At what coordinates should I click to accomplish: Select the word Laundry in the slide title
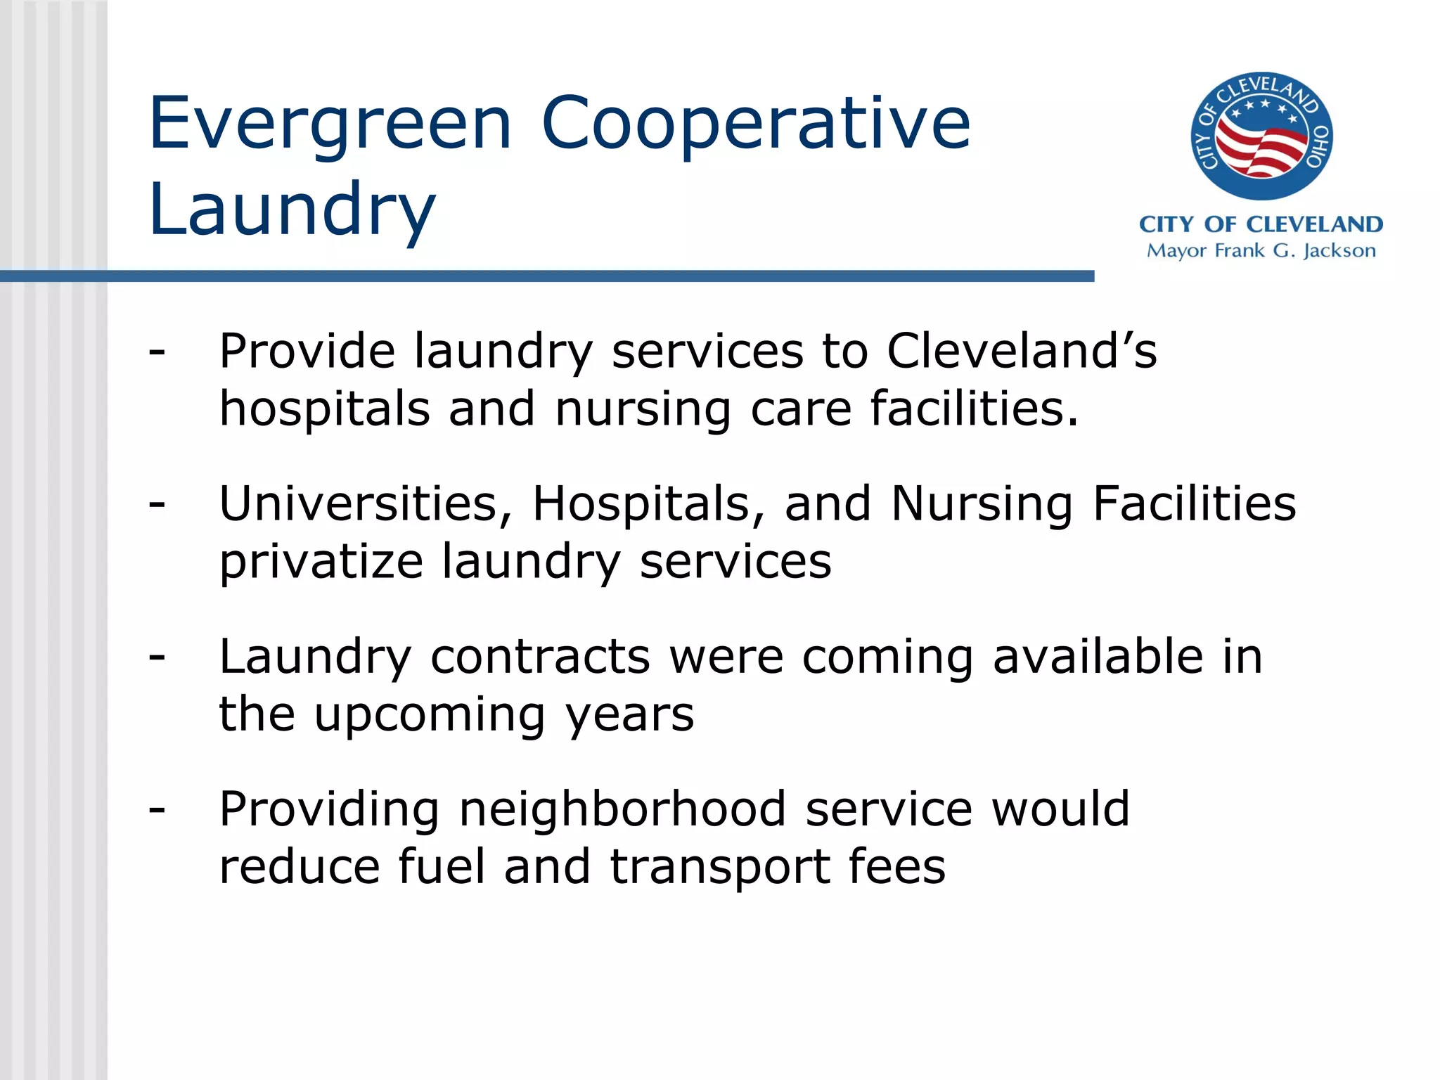coord(292,210)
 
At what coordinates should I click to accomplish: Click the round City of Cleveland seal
coord(1261,136)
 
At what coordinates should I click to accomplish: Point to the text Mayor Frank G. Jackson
coord(1261,251)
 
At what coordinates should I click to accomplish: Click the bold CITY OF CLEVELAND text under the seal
coord(1261,224)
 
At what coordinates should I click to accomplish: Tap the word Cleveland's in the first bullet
coord(1021,350)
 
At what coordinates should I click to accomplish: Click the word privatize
coord(321,562)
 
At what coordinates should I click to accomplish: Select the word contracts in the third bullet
coord(540,657)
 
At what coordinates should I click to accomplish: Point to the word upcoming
coord(430,714)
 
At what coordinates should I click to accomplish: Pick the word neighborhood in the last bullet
coord(622,809)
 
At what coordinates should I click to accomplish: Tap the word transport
coord(719,868)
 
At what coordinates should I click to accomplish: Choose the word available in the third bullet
coord(1098,657)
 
